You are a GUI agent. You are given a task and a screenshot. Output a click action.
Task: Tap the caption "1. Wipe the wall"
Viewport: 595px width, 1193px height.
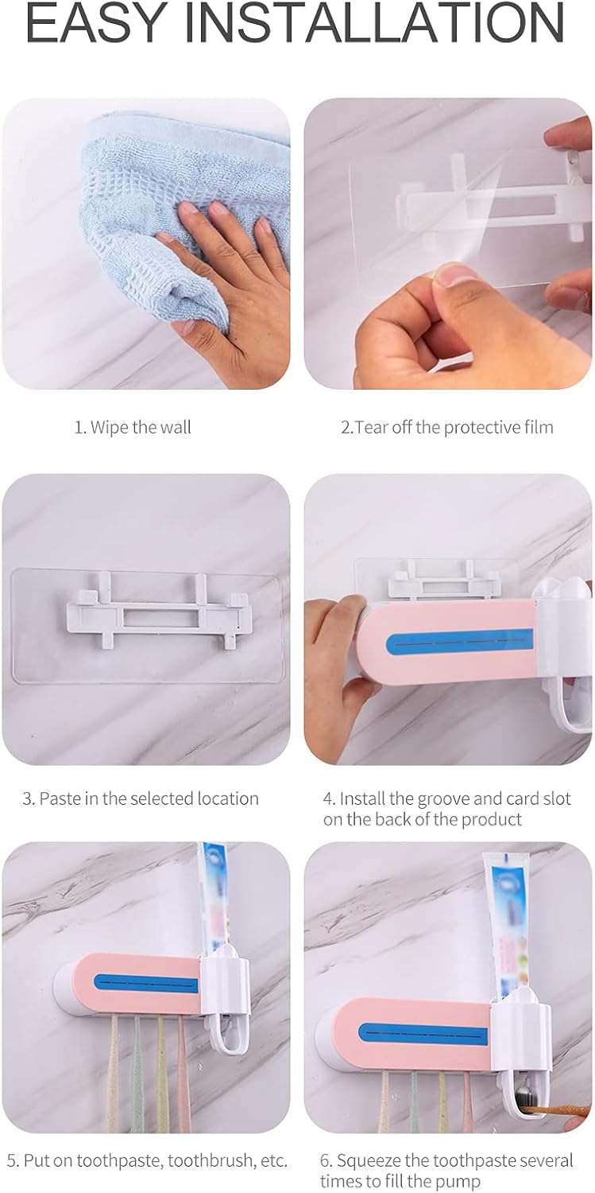coord(133,427)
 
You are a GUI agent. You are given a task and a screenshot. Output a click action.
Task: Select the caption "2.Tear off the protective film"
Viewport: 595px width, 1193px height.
coord(447,427)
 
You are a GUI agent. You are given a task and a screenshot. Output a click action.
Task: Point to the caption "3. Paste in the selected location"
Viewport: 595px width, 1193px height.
coord(141,799)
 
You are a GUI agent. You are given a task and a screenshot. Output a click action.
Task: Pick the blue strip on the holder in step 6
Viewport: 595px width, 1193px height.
coord(423,1034)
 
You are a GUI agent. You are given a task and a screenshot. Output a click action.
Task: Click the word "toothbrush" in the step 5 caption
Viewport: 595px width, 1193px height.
coord(207,1144)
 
